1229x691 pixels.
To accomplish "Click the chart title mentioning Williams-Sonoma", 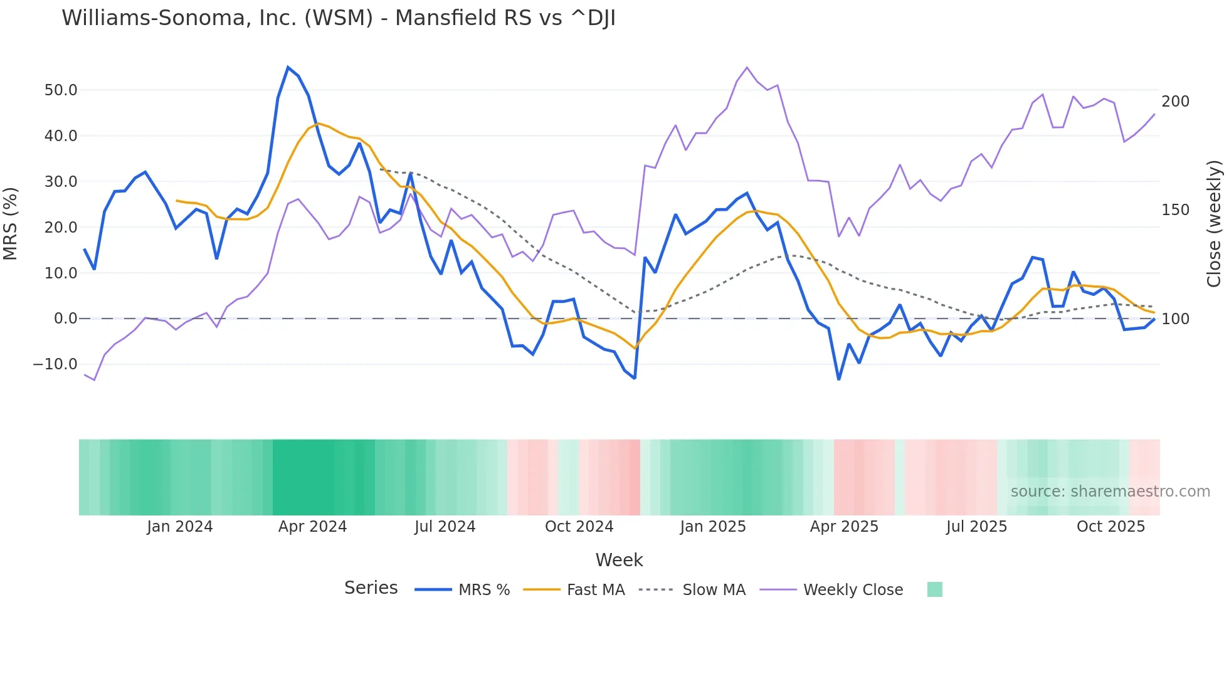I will click(x=339, y=18).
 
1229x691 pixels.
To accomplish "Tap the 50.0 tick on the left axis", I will click(x=61, y=90).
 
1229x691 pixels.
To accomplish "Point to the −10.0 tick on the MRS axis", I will click(x=55, y=364).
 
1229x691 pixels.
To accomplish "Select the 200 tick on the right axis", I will click(x=1175, y=102).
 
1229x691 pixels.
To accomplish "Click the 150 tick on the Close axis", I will click(x=1175, y=210).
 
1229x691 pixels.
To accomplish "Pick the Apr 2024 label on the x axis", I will click(x=312, y=527).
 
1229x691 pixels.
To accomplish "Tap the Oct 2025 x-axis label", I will click(x=1110, y=527).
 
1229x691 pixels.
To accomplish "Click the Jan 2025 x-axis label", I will click(x=713, y=527).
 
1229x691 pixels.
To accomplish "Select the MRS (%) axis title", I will click(x=11, y=224).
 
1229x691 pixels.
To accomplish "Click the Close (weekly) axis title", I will click(x=1214, y=224).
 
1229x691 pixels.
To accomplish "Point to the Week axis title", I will click(x=619, y=560).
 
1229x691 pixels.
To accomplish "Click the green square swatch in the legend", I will click(x=934, y=589).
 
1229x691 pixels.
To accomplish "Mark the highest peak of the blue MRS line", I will click(x=288, y=67).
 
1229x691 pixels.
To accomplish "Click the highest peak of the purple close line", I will click(x=747, y=67).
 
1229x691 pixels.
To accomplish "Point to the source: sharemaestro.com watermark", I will click(x=1110, y=492).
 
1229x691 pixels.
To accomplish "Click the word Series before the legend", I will click(x=371, y=588).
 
